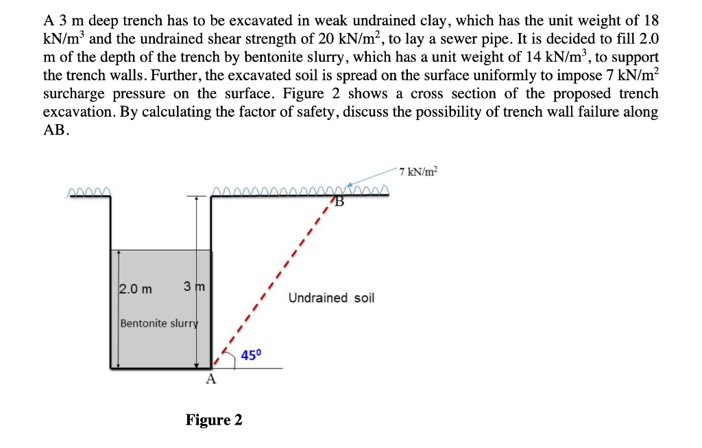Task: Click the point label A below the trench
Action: (210, 379)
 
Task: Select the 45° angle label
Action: (252, 355)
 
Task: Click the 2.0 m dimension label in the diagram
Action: (136, 289)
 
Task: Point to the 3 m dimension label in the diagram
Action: (195, 285)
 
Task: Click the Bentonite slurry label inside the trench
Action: (158, 322)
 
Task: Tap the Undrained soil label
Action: (331, 298)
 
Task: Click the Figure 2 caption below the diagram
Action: (213, 419)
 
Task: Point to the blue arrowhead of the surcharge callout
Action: (352, 186)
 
